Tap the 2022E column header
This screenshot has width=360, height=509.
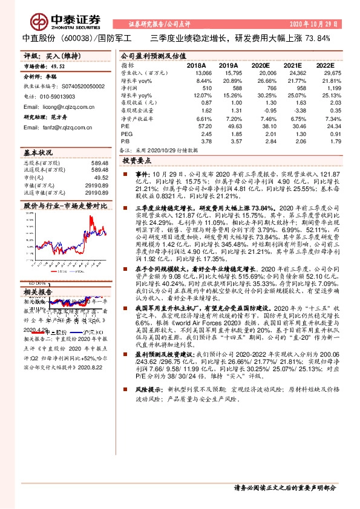[x=324, y=65]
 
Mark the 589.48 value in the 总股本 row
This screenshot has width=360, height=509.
[x=99, y=163]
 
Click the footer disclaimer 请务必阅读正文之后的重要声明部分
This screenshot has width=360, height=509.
[x=284, y=488]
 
